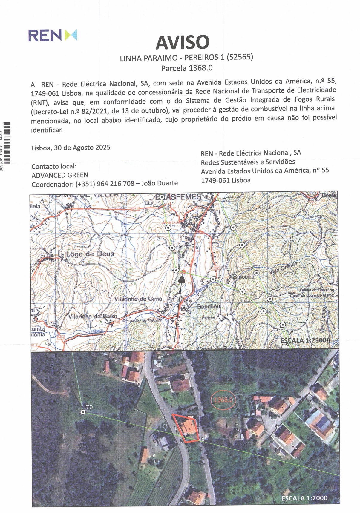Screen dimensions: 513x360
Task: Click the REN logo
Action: pos(53,35)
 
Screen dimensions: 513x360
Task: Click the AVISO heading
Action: pos(182,42)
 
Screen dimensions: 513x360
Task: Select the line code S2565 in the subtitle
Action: pos(240,57)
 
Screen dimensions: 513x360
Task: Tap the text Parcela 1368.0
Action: pos(187,68)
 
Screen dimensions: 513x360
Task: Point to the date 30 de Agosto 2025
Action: pos(82,148)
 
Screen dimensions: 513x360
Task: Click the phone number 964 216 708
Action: pos(115,184)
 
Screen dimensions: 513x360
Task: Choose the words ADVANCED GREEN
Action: pos(60,175)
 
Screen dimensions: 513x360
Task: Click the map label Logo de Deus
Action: pos(90,254)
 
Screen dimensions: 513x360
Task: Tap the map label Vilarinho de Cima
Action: pos(138,299)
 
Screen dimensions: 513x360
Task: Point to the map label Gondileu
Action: pos(208,306)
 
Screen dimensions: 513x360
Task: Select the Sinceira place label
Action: pos(243,277)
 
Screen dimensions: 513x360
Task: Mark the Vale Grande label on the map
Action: pos(283,268)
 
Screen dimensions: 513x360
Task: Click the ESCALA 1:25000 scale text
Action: pos(305,340)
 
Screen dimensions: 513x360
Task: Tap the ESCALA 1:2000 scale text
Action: pos(304,498)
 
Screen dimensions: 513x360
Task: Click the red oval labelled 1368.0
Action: pos(223,399)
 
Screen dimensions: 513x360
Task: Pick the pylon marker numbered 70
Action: pos(83,412)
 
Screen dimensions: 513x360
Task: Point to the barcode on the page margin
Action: pos(7,143)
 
